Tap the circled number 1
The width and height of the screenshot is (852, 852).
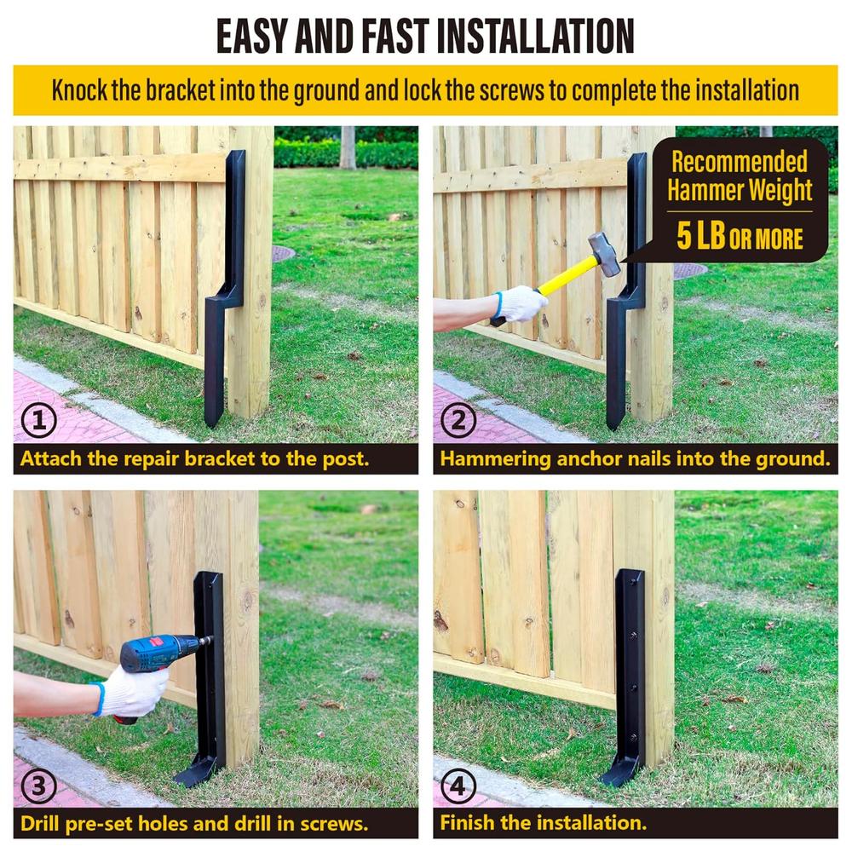pos(37,420)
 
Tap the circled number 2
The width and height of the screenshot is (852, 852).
pos(458,420)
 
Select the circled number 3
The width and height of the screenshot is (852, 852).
pos(37,786)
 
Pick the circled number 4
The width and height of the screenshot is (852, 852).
pos(458,786)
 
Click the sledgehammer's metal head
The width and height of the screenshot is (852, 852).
pos(604,254)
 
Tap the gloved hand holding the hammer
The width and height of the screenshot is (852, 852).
pos(519,303)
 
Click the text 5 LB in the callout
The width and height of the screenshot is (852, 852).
pos(701,236)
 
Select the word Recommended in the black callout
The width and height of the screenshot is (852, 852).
pos(739,161)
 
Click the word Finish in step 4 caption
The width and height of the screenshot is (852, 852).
pos(467,824)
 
